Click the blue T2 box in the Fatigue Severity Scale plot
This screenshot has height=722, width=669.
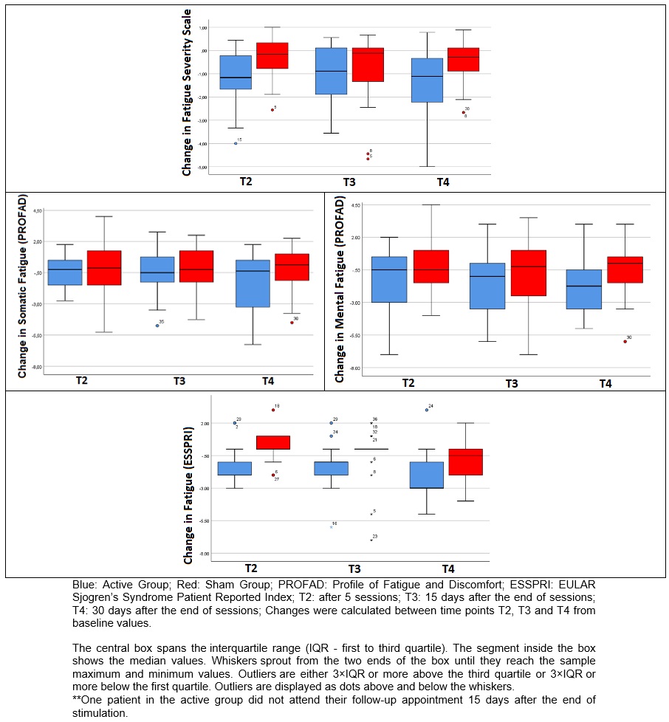pos(236,72)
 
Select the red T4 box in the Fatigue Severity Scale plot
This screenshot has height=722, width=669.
pos(463,60)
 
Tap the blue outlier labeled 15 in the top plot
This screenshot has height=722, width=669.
pos(236,143)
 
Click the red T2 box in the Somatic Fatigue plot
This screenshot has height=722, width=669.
pos(104,268)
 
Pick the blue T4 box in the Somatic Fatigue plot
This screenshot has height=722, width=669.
pos(253,283)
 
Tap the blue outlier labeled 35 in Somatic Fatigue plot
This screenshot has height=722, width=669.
pos(157,326)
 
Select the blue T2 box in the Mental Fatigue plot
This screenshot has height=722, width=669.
pos(389,279)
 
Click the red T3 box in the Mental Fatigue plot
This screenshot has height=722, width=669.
pos(529,273)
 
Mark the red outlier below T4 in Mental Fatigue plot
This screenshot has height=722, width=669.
pos(625,341)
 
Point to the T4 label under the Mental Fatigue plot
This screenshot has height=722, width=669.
pos(605,384)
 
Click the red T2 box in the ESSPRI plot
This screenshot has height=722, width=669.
pos(272,442)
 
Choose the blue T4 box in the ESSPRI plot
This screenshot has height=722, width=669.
pos(427,475)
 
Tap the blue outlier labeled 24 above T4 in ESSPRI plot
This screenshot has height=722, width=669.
pos(427,410)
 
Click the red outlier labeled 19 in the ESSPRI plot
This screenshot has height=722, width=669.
pos(273,410)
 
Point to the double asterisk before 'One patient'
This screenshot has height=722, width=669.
pos(77,699)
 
